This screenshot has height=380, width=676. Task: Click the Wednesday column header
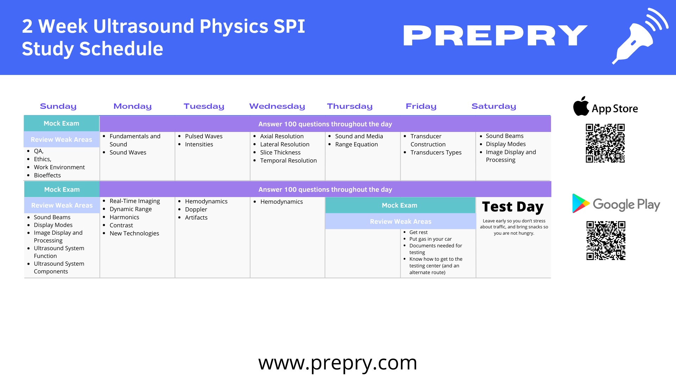point(277,106)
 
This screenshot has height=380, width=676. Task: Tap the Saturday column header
point(494,106)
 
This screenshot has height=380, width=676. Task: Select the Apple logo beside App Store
point(581,106)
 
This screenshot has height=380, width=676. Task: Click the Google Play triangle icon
point(580,203)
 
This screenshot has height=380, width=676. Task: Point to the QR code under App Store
point(605,143)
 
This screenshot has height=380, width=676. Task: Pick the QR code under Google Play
point(606,241)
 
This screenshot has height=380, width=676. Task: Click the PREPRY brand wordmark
point(495,36)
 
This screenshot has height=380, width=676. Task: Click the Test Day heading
point(513,207)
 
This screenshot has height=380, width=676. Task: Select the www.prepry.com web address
point(338,363)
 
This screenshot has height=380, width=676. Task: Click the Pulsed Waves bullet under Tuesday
point(204,136)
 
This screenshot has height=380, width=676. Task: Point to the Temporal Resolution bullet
point(288,160)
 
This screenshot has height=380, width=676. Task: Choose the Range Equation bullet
point(356,144)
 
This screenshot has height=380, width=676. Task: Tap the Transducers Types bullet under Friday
point(436,152)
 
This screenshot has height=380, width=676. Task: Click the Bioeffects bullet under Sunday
point(47,175)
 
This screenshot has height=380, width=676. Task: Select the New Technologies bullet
point(134,233)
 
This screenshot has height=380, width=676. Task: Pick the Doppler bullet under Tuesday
point(196,209)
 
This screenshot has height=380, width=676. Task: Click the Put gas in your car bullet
point(430,239)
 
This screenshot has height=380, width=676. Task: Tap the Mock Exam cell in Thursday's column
point(400,205)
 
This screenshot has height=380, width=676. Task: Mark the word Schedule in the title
point(121,49)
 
